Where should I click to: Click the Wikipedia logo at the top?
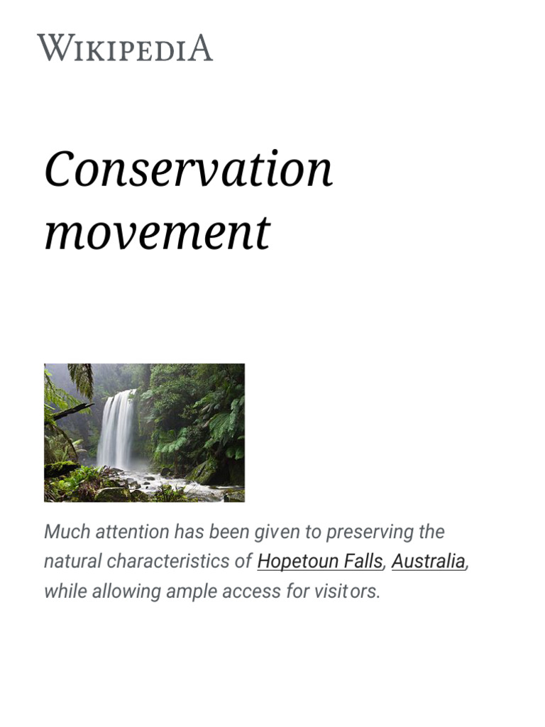coord(125,48)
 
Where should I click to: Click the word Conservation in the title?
coord(188,170)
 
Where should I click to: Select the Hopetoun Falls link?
coord(319,562)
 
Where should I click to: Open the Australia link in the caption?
coord(429,562)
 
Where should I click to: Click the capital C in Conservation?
coord(59,170)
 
